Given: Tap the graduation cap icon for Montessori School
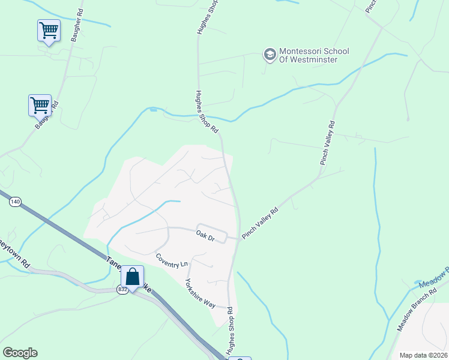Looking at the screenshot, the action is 270,55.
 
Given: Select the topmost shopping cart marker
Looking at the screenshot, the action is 48,30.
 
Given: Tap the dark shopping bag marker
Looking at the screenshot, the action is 132,277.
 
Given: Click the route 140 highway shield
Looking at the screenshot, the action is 15,203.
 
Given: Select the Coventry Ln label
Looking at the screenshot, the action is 172,260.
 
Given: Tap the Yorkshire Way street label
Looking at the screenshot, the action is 200,293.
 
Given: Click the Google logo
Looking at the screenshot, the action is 20,353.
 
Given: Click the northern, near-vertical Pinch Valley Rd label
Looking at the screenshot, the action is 327,143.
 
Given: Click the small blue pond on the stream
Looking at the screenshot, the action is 154,110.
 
